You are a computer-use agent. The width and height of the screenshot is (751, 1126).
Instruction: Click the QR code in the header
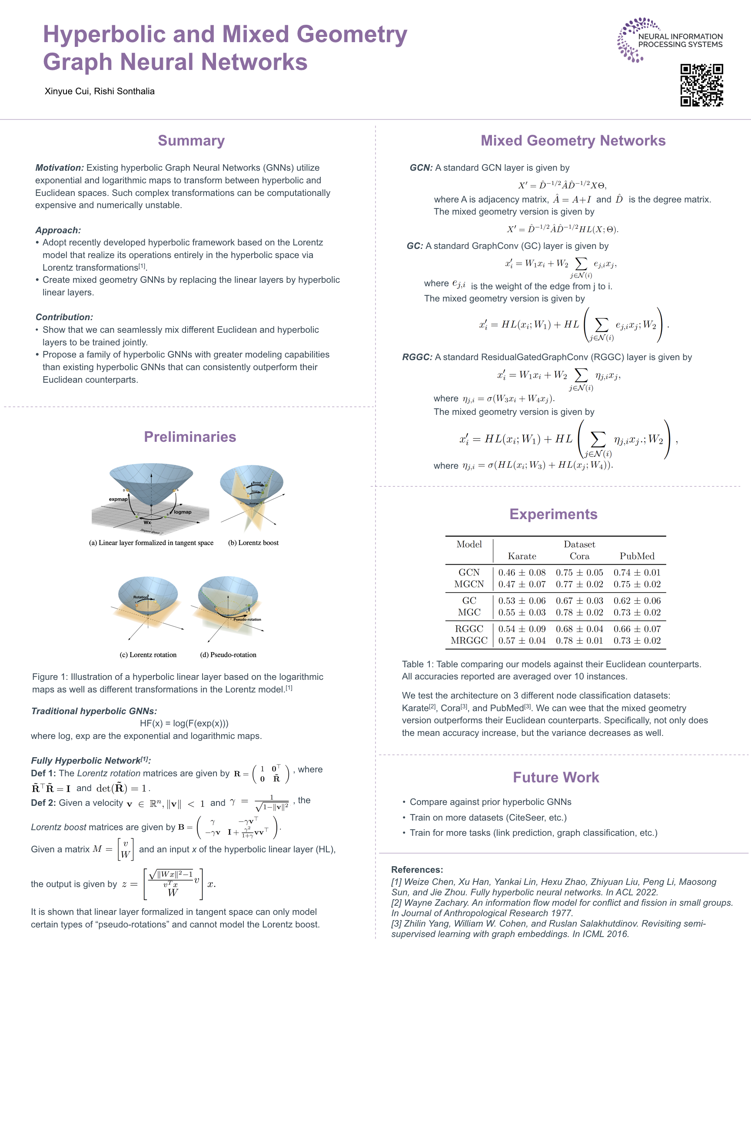[701, 85]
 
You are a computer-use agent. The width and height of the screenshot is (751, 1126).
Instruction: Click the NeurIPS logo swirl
[631, 40]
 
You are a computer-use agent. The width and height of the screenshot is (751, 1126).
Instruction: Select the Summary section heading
[191, 140]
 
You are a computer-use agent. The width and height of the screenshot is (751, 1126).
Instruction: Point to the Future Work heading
[555, 777]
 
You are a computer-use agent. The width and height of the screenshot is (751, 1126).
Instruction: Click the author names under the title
[100, 91]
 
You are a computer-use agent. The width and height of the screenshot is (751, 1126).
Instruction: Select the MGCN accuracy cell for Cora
[579, 584]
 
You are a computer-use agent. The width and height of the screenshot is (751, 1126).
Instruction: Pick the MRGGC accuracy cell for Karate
[522, 641]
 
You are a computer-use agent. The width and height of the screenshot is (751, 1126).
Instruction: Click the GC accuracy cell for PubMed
[637, 600]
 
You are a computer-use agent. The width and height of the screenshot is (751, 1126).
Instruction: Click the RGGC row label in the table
[469, 629]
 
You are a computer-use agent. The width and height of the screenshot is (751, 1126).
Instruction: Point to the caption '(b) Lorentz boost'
[253, 543]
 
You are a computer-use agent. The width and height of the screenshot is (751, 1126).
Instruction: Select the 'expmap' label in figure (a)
[118, 499]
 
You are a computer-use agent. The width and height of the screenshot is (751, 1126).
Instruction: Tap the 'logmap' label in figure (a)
[183, 512]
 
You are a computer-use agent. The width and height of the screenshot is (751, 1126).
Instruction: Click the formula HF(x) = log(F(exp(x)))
[184, 723]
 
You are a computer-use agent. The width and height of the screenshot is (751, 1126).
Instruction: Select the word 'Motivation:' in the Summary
[60, 168]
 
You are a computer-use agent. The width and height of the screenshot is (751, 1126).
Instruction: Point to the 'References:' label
[417, 869]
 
